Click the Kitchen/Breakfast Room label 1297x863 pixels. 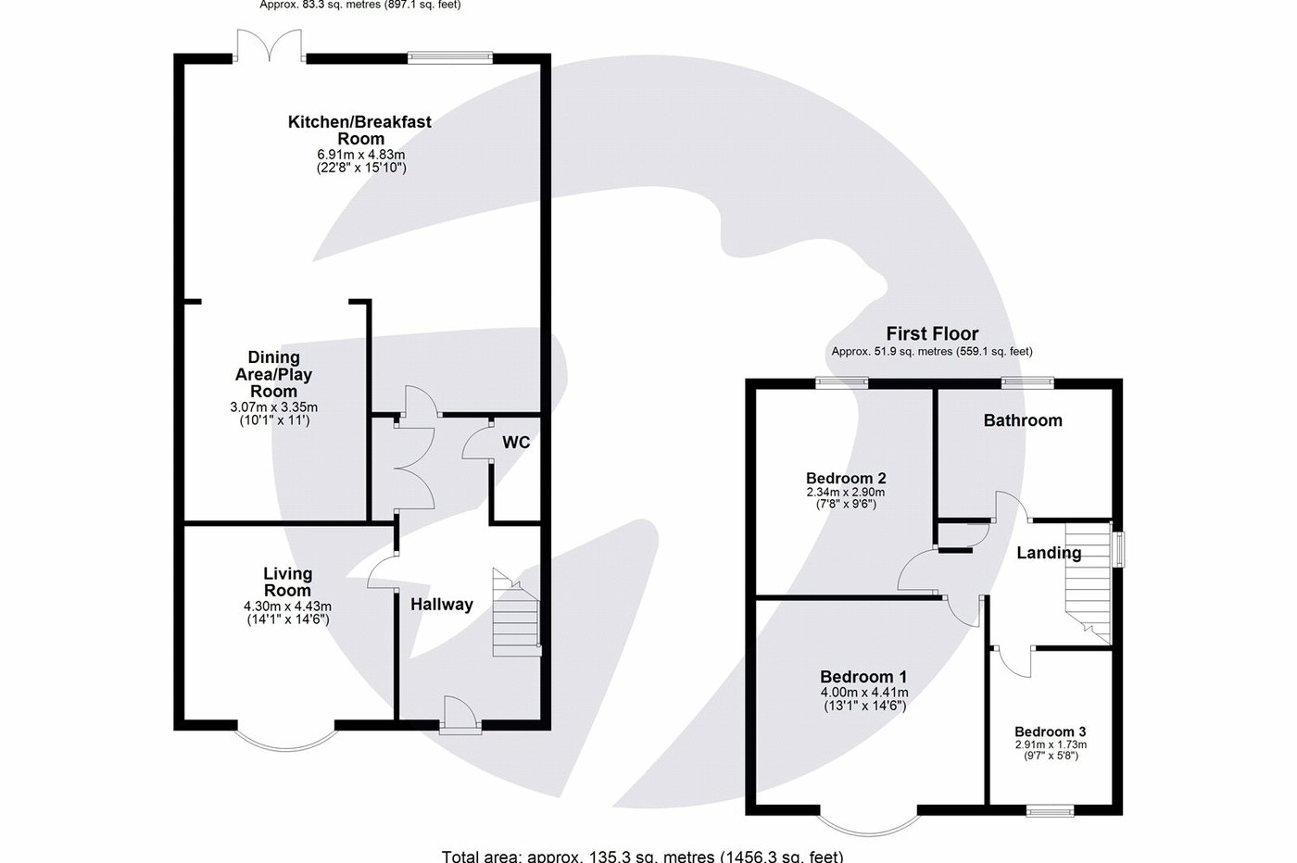[359, 130]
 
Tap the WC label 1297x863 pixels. [516, 443]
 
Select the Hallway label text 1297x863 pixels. [442, 605]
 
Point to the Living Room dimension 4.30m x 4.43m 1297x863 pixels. [287, 607]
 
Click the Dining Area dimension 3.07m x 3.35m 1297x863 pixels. [273, 407]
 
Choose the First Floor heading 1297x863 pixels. [932, 334]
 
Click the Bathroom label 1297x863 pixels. [1023, 420]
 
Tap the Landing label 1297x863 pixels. [1049, 553]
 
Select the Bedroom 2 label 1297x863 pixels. [846, 479]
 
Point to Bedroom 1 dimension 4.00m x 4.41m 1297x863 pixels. [864, 693]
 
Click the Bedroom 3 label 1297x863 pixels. [1050, 732]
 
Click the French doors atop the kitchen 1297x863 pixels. [270, 46]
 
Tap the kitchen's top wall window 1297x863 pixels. [450, 57]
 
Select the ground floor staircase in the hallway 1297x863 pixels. [515, 615]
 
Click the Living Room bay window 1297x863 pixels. [283, 735]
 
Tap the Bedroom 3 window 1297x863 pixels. [1050, 811]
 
